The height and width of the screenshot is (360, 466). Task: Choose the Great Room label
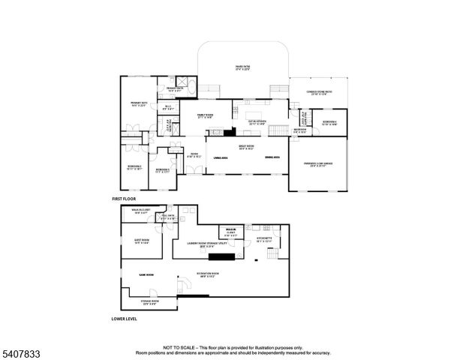pyautogui.click(x=247, y=148)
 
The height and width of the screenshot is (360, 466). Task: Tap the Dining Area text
pyautogui.click(x=272, y=157)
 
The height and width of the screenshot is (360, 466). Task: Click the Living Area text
pyautogui.click(x=220, y=157)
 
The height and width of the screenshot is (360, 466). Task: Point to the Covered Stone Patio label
pyautogui.click(x=318, y=93)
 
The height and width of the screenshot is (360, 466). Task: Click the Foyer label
pyautogui.click(x=194, y=156)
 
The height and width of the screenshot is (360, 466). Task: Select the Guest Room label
pyautogui.click(x=142, y=241)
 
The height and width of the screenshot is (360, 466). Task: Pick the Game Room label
pyautogui.click(x=146, y=275)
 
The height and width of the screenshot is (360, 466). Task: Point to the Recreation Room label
pyautogui.click(x=208, y=275)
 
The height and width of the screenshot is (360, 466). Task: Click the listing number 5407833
pyautogui.click(x=20, y=351)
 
